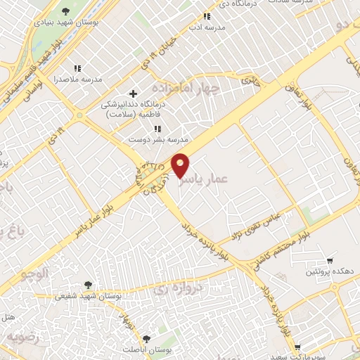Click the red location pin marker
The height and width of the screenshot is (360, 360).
pos(181,165)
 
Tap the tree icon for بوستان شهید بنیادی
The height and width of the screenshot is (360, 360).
pos(66,11)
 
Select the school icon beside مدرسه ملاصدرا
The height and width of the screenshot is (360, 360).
pos(77,69)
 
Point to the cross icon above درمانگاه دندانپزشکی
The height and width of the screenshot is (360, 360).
pos(134,94)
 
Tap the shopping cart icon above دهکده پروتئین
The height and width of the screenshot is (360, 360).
pos(330,261)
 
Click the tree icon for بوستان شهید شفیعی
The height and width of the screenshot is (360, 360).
pos(88,285)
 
